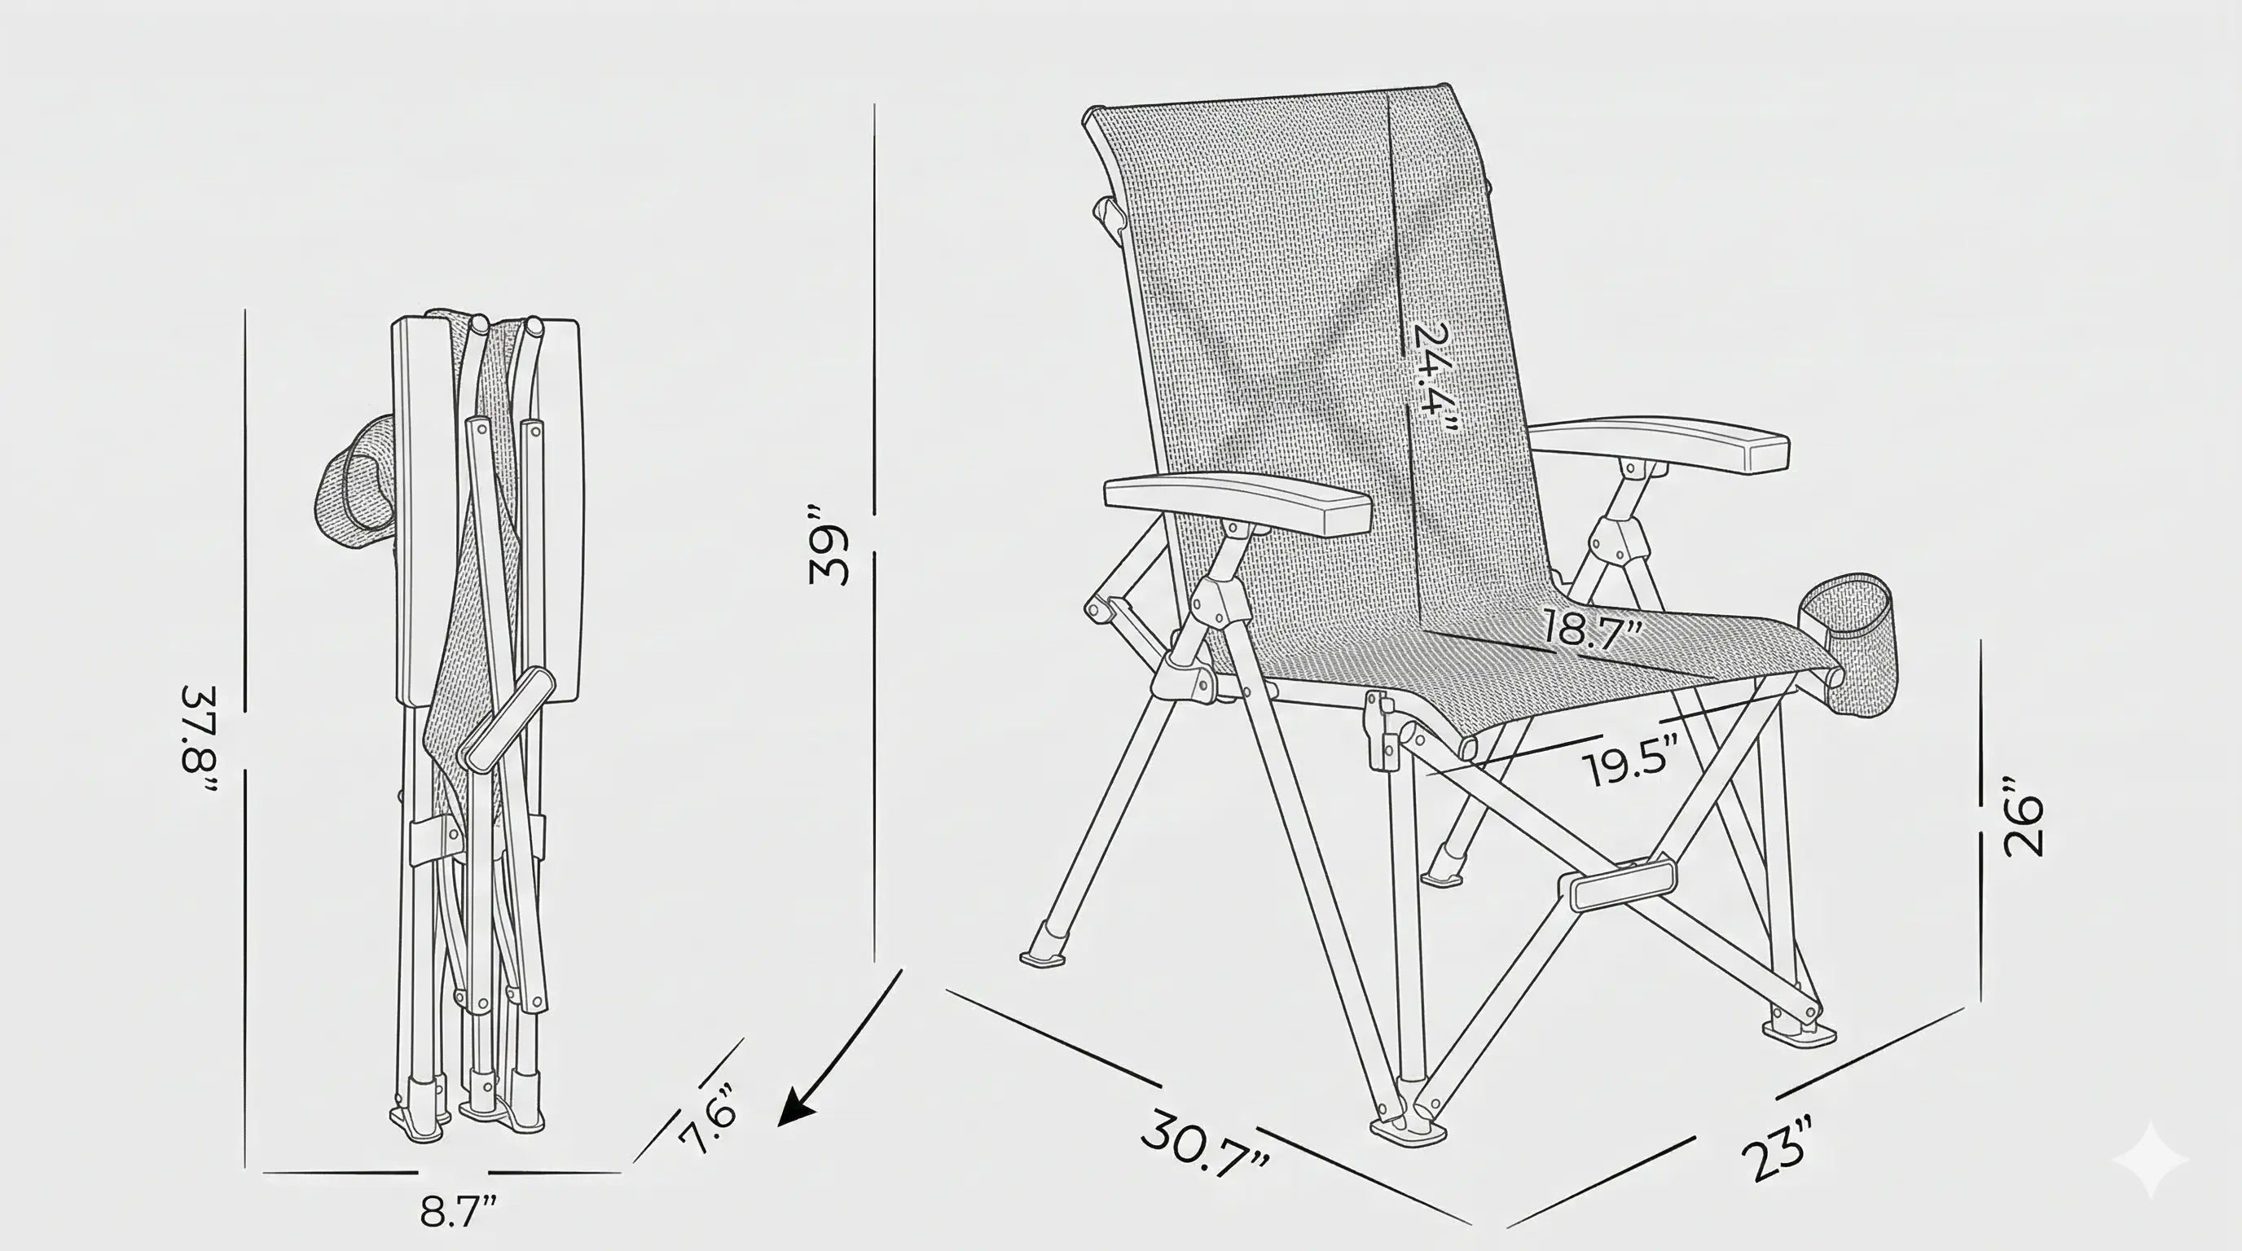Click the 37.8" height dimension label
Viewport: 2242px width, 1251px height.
198,740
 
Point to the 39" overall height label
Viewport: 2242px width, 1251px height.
828,543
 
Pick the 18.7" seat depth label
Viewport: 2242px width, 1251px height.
1594,628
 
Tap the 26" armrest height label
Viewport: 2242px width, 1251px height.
2021,815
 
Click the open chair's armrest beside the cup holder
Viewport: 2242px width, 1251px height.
1659,445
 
